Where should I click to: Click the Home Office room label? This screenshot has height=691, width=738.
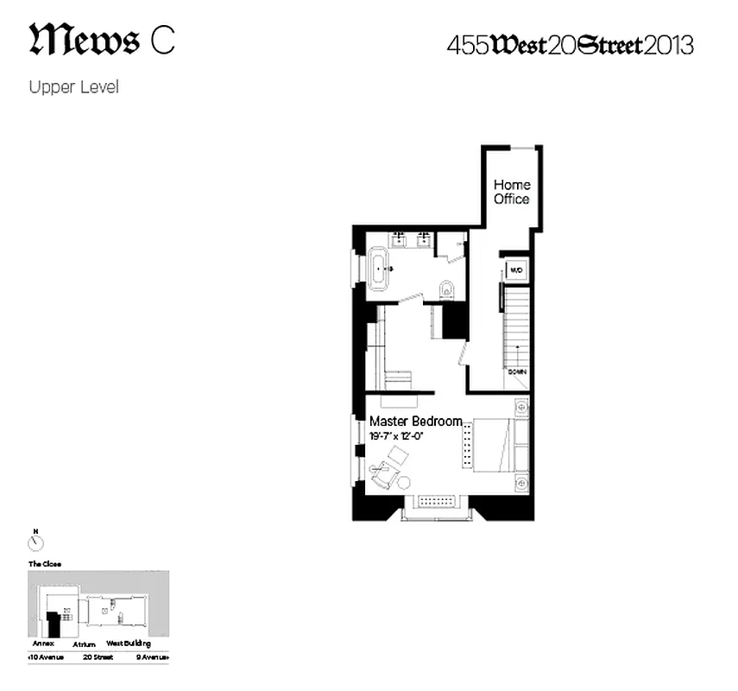(x=512, y=192)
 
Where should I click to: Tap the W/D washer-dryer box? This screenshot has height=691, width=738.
(x=516, y=270)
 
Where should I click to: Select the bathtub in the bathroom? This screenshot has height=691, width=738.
(x=380, y=269)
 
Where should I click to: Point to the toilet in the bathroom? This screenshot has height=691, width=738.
(x=446, y=289)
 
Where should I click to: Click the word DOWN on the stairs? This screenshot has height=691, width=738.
(x=516, y=372)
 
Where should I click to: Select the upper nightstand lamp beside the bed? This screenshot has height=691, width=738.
(x=520, y=405)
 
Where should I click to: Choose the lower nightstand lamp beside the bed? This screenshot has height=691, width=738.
(x=520, y=482)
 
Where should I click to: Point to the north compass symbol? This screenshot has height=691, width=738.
(x=35, y=542)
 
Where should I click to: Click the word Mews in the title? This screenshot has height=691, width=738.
(x=85, y=40)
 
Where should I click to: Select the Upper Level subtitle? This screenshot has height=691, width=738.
(x=73, y=87)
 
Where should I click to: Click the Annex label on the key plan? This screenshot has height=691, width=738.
(x=43, y=643)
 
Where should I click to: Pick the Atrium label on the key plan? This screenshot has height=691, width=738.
(x=84, y=643)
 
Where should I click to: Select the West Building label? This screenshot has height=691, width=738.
(x=129, y=643)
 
